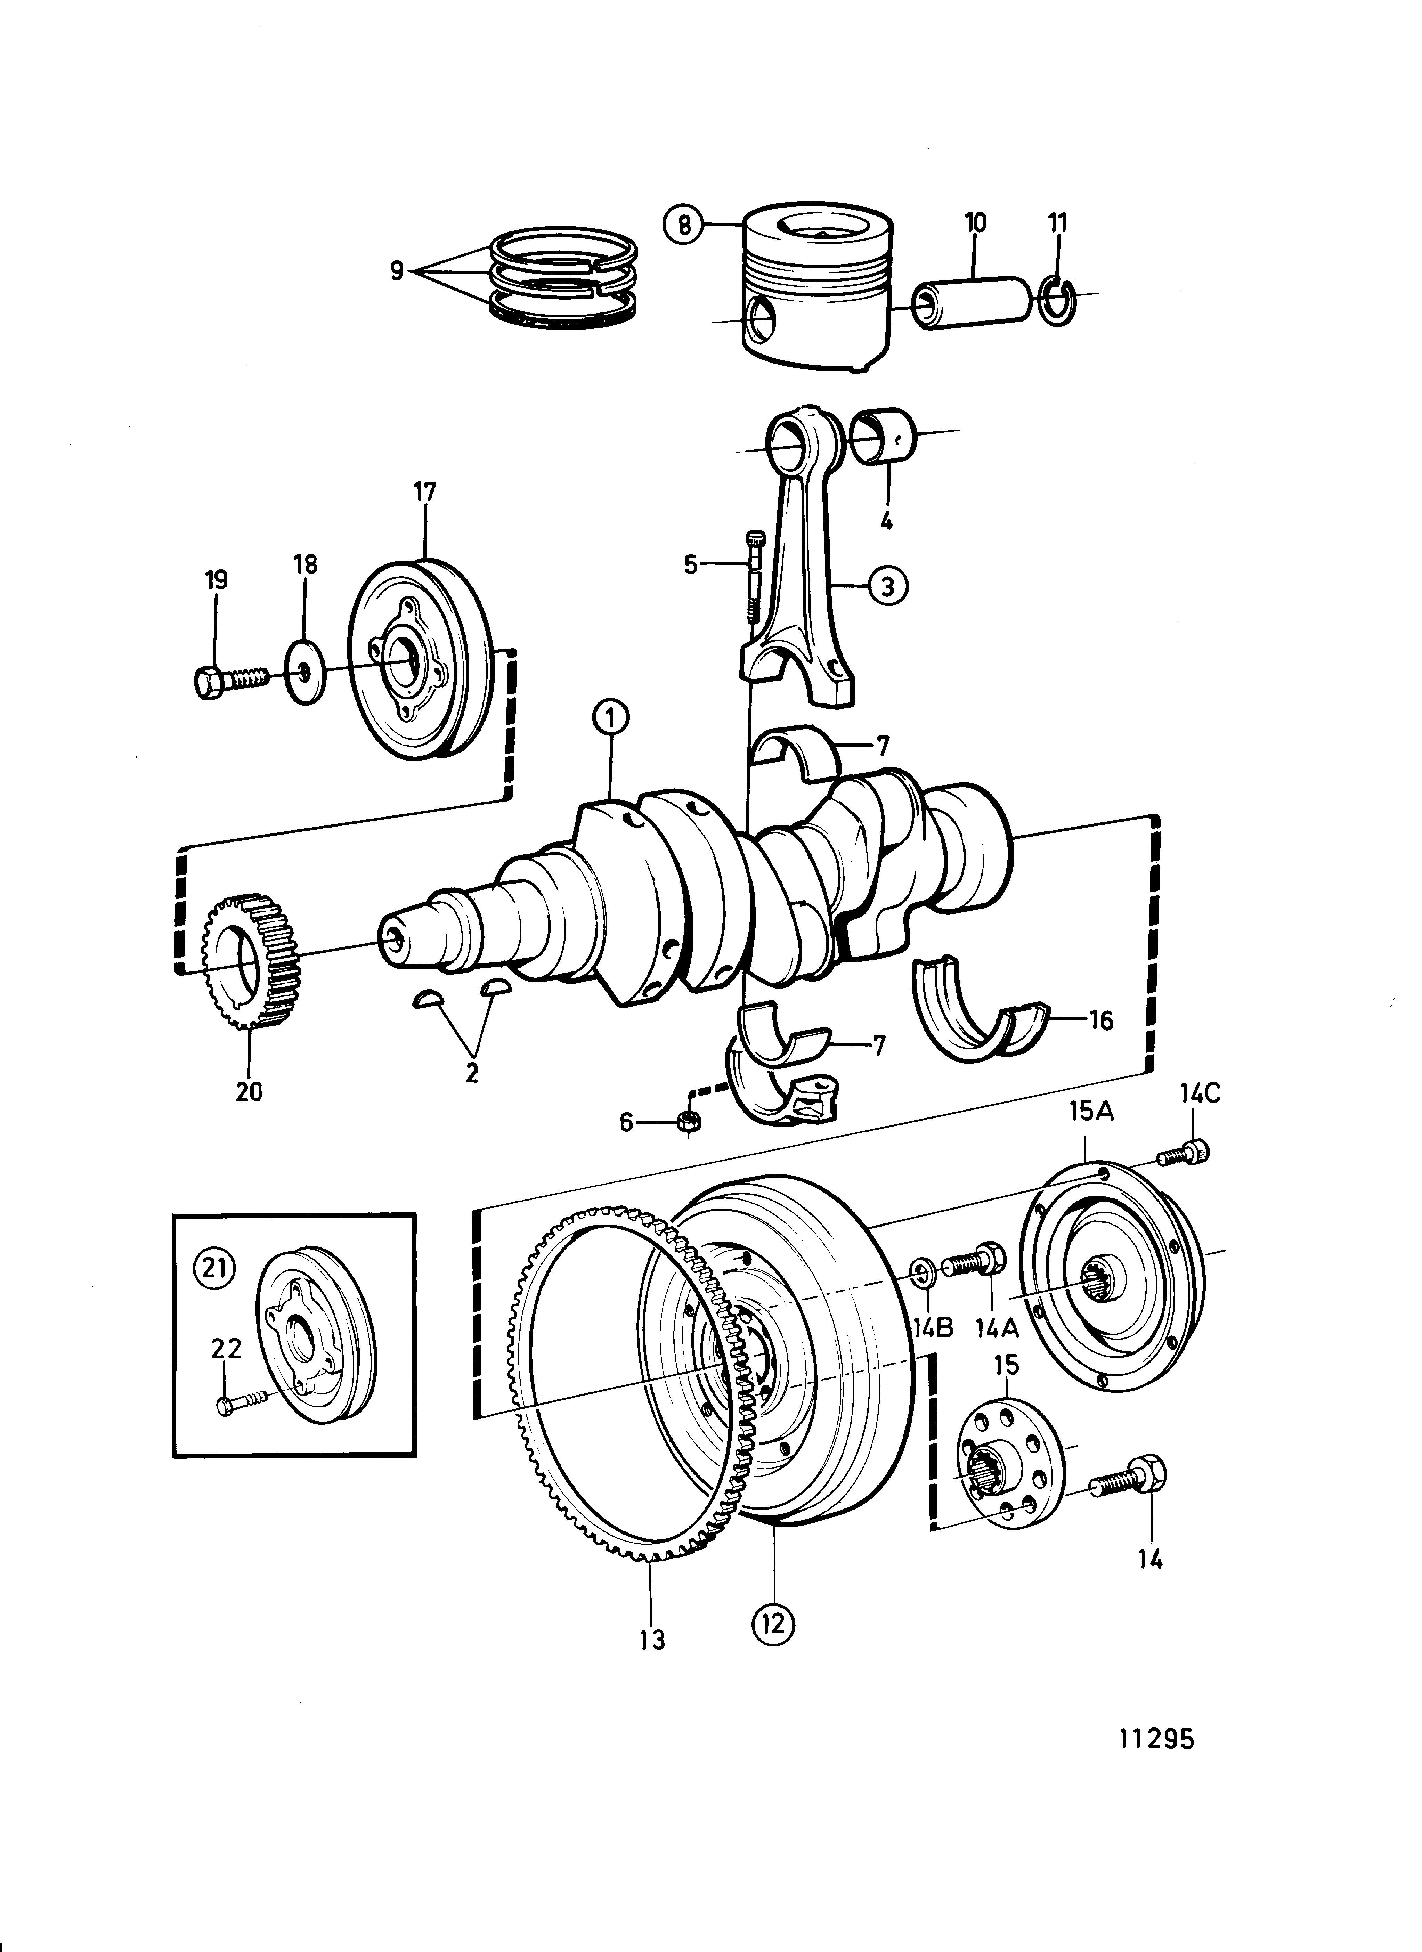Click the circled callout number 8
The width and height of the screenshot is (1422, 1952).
(683, 226)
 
